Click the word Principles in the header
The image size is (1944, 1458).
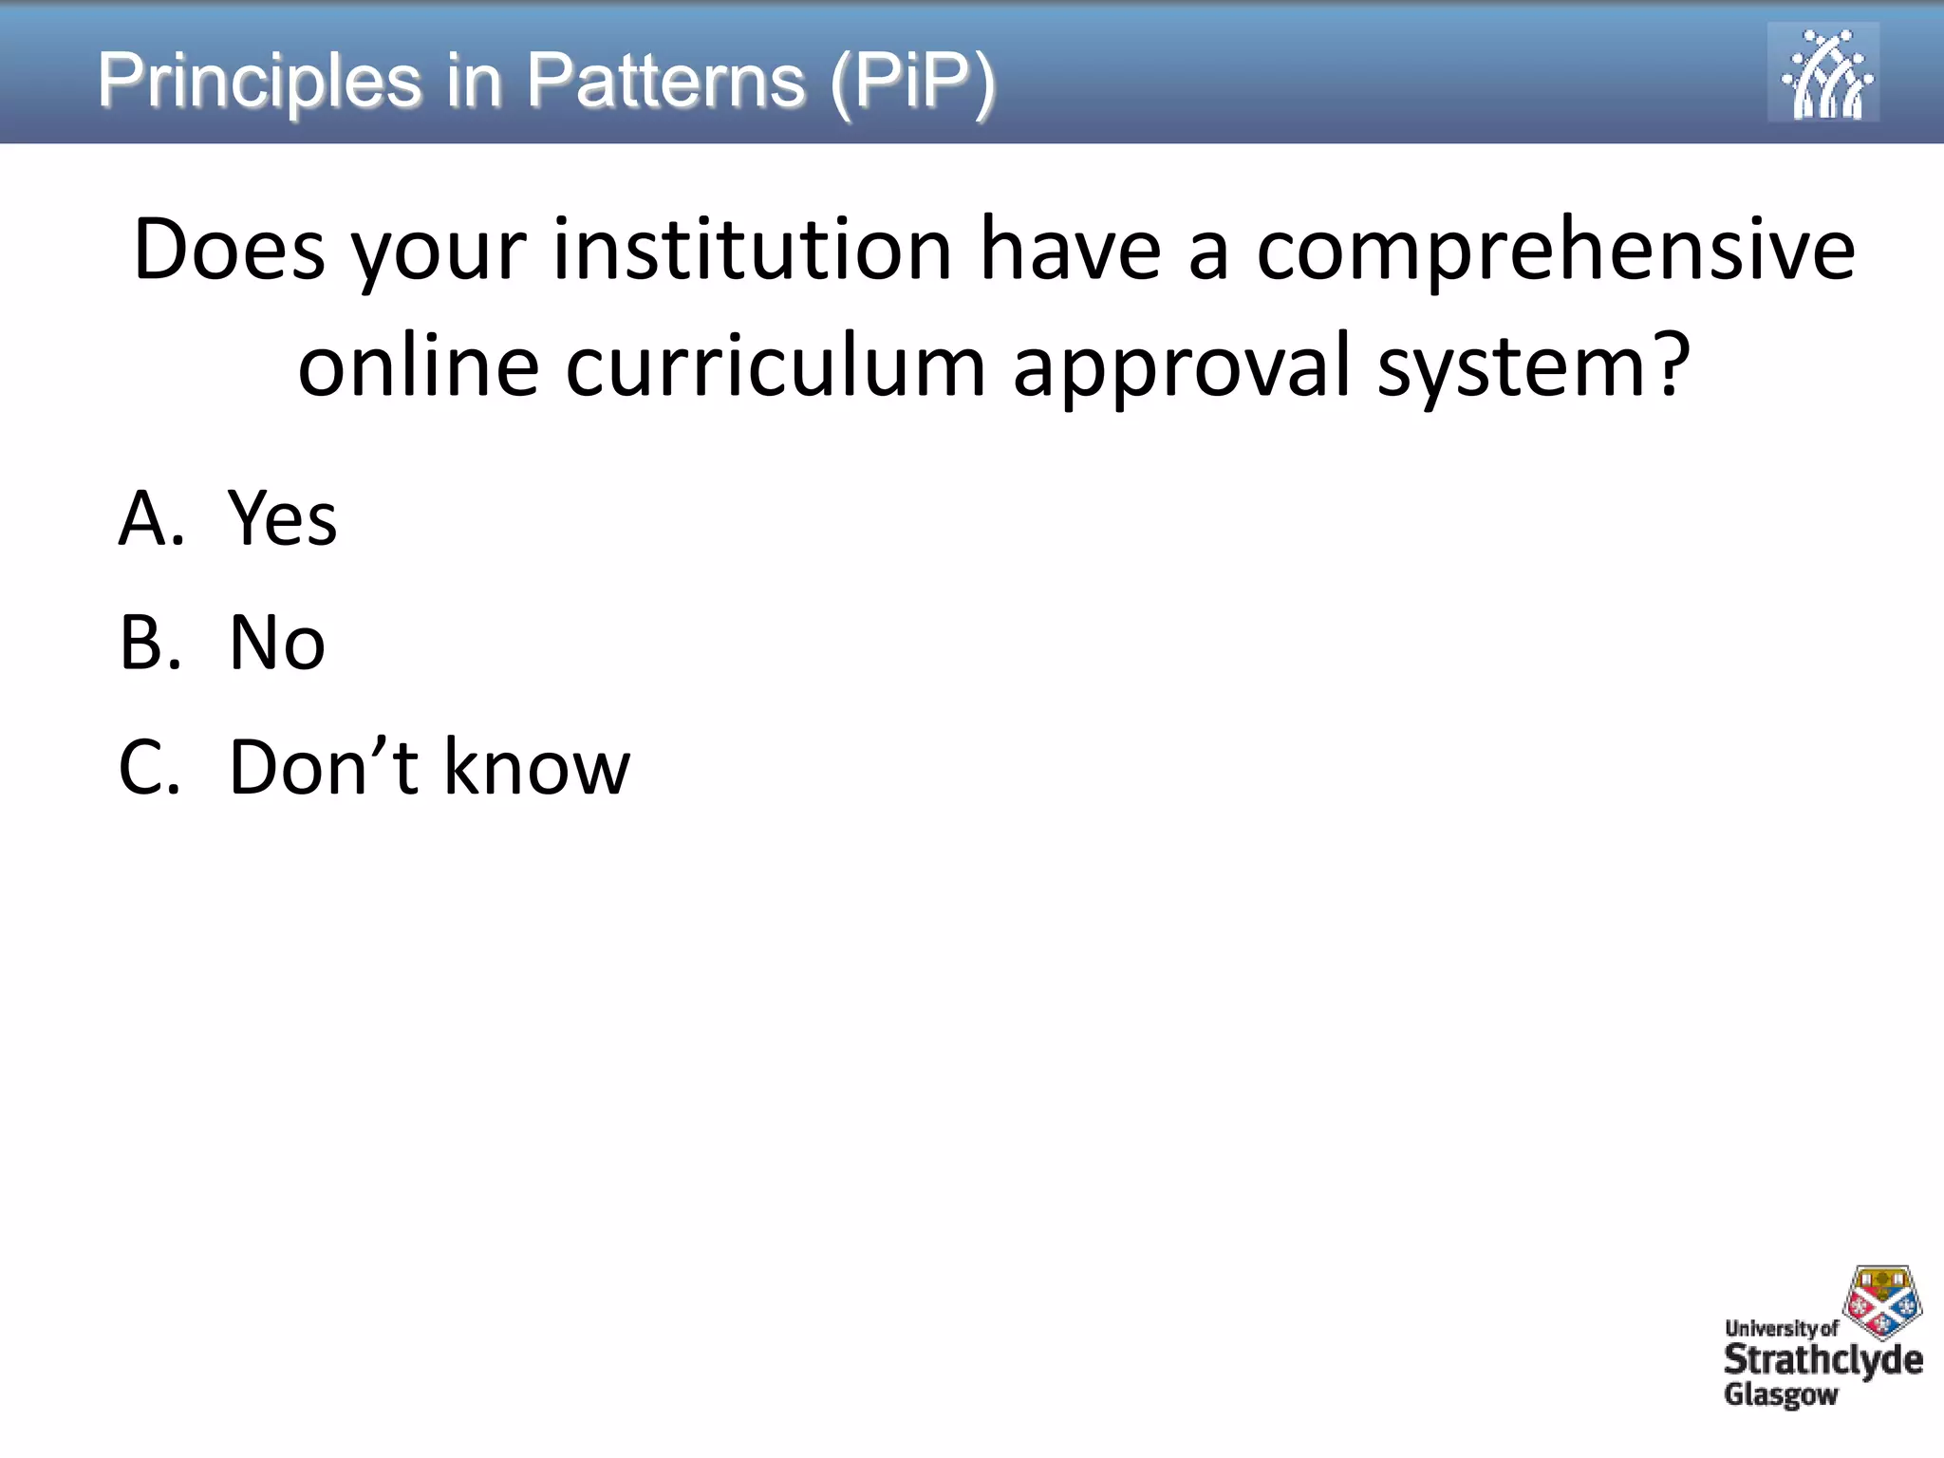[x=259, y=82]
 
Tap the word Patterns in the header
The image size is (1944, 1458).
[x=665, y=82]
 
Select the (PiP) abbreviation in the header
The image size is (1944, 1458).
[x=912, y=82]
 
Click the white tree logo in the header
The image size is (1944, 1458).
[x=1822, y=73]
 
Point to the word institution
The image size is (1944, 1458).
[x=753, y=251]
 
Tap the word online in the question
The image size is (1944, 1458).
[x=419, y=366]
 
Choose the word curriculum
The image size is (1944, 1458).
[x=776, y=366]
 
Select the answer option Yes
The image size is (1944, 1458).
[x=283, y=519]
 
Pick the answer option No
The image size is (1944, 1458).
[x=277, y=643]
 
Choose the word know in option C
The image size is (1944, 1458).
[x=536, y=767]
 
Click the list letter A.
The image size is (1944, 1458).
[x=150, y=519]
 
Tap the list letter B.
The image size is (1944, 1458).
[x=149, y=643]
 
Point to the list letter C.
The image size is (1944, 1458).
[x=148, y=767]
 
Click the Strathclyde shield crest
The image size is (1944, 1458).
[x=1881, y=1300]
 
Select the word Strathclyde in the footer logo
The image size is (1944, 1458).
[x=1822, y=1360]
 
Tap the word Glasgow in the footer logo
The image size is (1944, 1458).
[x=1781, y=1394]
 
